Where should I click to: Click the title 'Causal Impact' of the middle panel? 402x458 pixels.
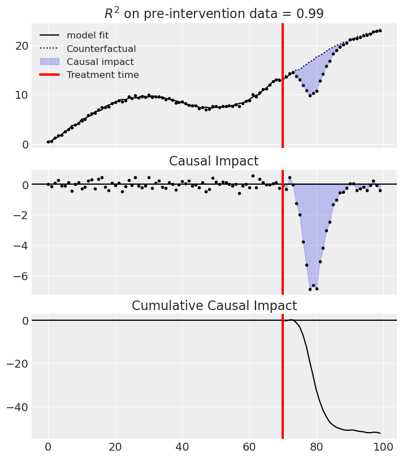(214, 162)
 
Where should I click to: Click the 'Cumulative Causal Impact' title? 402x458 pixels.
(214, 306)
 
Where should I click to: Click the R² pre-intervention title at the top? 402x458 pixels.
(214, 14)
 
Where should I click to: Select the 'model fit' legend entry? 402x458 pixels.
(87, 36)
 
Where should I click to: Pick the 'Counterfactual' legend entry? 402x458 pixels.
(101, 49)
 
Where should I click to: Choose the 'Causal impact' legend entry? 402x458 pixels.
(100, 62)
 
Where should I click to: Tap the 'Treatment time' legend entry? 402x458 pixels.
(102, 75)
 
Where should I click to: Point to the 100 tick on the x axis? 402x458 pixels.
(383, 448)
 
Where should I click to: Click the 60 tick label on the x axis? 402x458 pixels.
(249, 448)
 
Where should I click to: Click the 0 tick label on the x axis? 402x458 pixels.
(48, 448)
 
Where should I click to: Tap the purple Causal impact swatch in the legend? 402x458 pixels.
(50, 62)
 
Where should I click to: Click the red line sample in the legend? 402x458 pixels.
(50, 75)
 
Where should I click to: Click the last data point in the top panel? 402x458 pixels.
(380, 30)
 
